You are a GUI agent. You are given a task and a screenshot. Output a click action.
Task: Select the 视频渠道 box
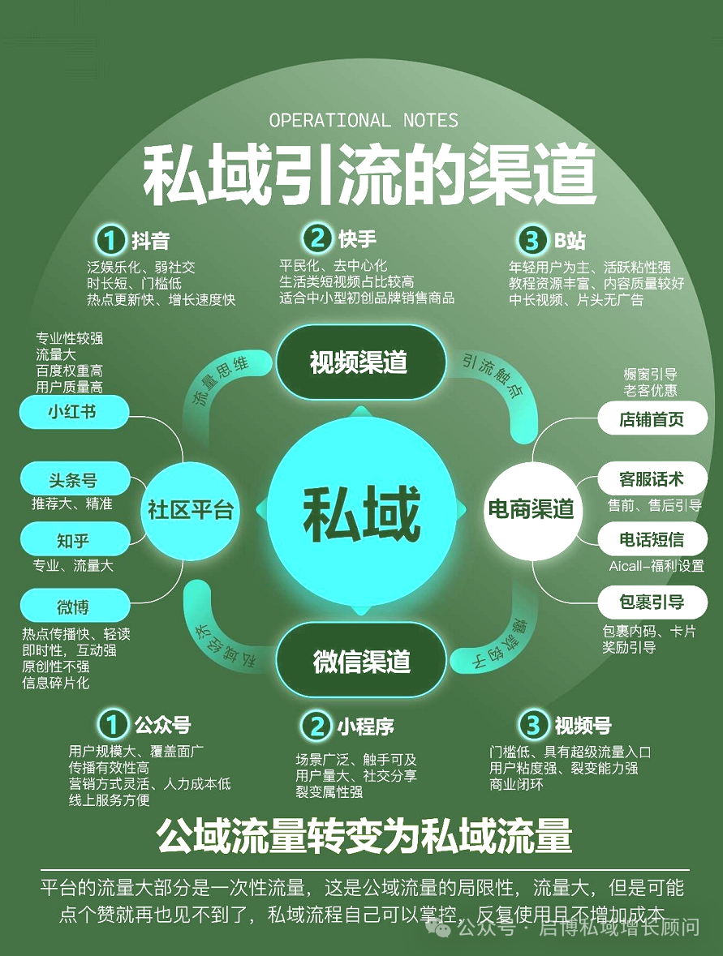coord(359,362)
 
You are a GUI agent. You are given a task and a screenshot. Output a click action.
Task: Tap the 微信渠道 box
coord(361,660)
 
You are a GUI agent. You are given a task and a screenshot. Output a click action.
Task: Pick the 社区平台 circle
coord(190,509)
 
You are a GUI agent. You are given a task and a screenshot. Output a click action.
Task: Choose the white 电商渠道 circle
coord(531,509)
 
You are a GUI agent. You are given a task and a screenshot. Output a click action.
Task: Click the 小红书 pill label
coord(73,412)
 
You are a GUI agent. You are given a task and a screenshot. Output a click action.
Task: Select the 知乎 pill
coord(73,539)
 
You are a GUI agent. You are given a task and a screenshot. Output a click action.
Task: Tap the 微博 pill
coord(73,606)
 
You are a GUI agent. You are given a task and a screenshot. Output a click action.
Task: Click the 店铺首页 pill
coord(652,418)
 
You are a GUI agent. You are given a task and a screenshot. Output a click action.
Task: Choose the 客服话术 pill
coord(652,478)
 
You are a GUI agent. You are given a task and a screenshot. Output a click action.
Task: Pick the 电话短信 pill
coord(652,539)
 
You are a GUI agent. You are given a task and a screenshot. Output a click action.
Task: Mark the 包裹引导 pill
coord(652,602)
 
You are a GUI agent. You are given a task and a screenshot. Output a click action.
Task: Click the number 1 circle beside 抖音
coord(110,240)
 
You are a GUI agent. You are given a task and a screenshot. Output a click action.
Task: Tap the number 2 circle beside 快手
coord(316,238)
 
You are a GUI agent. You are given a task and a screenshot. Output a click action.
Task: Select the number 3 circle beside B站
coord(531,240)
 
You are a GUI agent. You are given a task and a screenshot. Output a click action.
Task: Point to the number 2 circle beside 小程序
coord(315,726)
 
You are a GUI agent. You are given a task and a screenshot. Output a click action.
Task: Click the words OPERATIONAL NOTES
coord(364,121)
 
